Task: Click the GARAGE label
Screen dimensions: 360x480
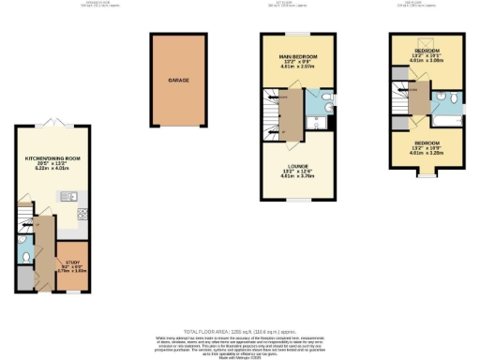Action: (179, 81)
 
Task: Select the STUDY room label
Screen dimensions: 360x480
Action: (72, 262)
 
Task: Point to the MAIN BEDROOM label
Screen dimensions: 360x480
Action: (299, 57)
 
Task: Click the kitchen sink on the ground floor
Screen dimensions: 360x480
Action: (70, 196)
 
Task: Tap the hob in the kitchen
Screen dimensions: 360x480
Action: (82, 214)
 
